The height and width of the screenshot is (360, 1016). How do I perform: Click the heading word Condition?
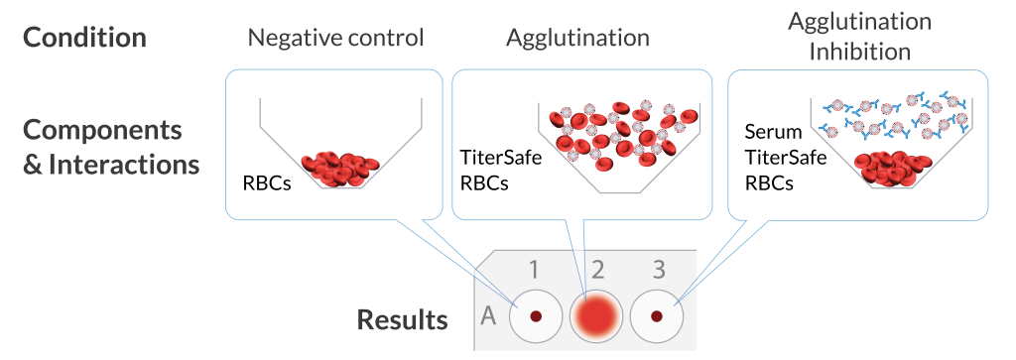85,38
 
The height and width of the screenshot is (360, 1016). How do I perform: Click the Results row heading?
402,320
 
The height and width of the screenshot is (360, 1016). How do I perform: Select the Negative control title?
335,39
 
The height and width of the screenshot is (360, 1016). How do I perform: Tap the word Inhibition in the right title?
860,51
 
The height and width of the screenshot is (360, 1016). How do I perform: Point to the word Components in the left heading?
102,131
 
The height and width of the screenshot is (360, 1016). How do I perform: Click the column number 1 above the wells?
534,270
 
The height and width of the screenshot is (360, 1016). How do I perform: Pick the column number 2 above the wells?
597,270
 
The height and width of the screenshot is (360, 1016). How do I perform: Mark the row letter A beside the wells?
488,317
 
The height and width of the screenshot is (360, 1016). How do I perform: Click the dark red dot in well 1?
536,316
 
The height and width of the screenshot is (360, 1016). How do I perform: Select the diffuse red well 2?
595,317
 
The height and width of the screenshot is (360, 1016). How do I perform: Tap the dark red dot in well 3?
656,316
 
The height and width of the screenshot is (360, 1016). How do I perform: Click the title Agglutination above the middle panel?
577,39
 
